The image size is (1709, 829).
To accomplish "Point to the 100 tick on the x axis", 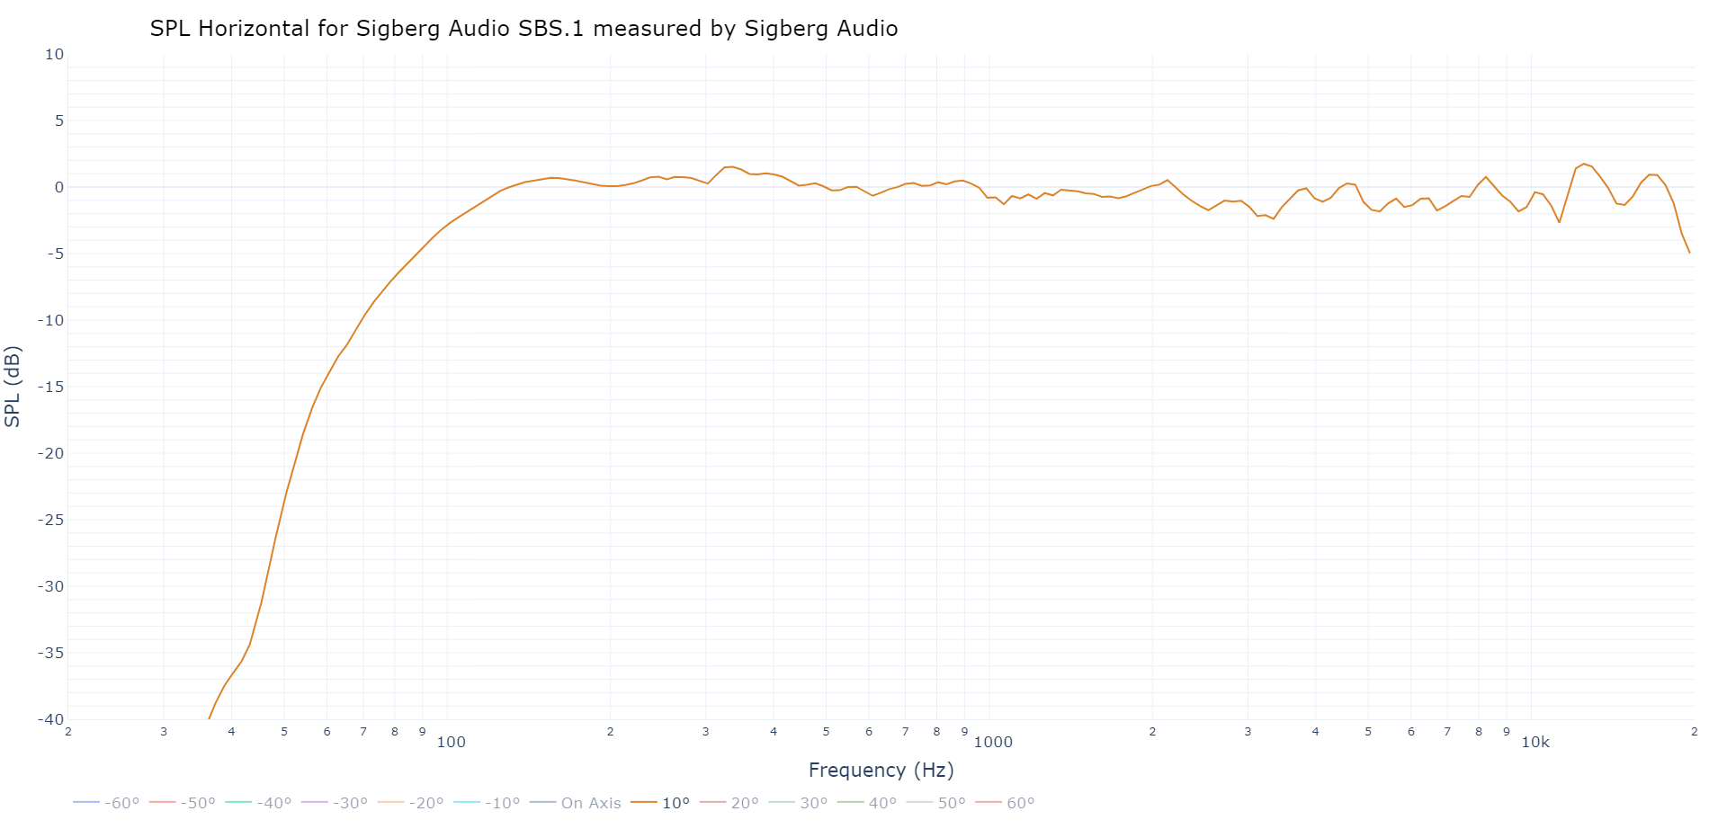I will click(451, 742).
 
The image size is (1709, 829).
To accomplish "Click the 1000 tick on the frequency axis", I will click(993, 742).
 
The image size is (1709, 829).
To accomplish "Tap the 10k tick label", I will click(1535, 742).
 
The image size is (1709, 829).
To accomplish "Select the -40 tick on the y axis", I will click(50, 719).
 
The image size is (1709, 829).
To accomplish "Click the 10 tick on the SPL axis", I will click(55, 54).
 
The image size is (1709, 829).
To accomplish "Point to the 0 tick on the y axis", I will click(59, 187).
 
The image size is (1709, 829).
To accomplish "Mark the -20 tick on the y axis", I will click(50, 453).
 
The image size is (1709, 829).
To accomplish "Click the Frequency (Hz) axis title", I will click(881, 770).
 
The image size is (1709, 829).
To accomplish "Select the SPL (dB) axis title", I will click(13, 387).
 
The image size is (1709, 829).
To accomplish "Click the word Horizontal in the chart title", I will click(254, 29).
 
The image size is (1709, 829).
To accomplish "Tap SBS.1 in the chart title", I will click(551, 29).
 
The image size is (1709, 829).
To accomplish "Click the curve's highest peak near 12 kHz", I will click(1584, 165).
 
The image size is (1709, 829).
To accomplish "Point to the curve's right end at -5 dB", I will click(1689, 253).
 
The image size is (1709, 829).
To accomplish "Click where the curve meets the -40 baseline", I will click(209, 718).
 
